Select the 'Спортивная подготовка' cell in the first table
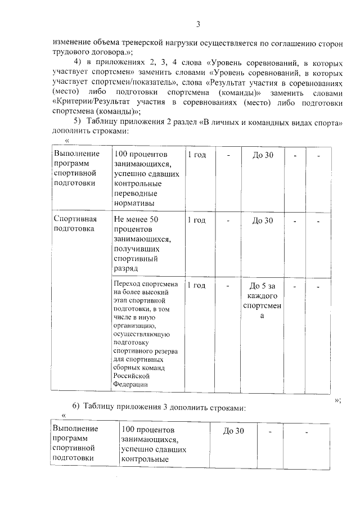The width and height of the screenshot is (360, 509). point(75,224)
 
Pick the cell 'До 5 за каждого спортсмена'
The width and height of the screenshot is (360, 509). point(262,300)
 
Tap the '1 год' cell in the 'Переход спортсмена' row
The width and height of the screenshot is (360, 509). point(196,285)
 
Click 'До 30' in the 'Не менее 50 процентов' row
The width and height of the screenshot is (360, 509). point(262,220)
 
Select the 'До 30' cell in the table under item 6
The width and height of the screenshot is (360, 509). point(233,431)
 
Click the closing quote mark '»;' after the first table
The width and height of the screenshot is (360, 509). point(337,400)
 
